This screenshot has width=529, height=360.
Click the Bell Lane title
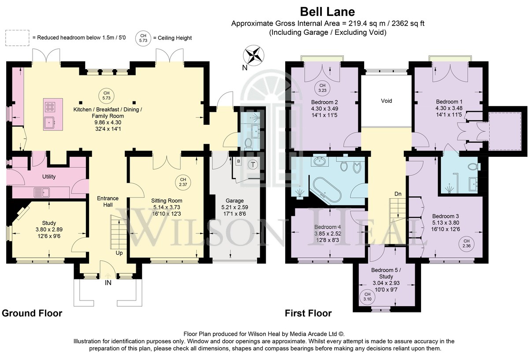point(327,12)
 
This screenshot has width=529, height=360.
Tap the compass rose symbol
point(253,56)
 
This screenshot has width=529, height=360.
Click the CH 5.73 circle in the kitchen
point(106,96)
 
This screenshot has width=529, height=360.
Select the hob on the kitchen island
point(50,107)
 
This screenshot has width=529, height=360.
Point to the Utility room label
point(49,177)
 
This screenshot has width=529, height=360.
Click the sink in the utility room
point(41,192)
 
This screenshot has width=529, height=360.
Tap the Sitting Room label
point(167,200)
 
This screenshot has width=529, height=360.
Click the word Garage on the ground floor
point(235,200)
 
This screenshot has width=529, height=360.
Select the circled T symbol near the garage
point(253,164)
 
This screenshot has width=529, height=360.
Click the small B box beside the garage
point(238,161)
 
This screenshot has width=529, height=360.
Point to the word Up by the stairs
point(119,253)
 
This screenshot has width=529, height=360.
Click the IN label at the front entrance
point(108,283)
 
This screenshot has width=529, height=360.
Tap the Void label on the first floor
point(386,101)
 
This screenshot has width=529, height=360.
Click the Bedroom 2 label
point(324,102)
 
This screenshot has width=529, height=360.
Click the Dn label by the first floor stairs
point(398,194)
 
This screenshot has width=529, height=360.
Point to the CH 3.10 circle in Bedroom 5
point(367,297)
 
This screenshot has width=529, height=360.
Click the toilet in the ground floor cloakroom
point(248,144)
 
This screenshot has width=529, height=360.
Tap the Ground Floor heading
point(32,313)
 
